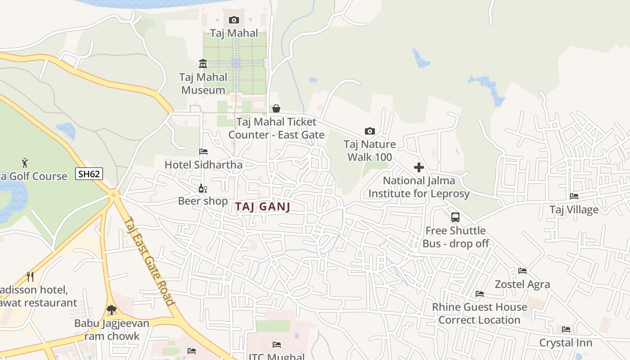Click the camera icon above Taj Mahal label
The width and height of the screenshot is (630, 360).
(x=234, y=20)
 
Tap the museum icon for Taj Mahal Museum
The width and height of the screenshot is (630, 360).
(x=203, y=63)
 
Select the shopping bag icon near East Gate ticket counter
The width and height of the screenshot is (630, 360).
(x=276, y=108)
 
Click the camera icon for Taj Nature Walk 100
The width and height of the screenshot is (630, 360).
(x=369, y=131)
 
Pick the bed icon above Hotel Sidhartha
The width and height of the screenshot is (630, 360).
(x=203, y=152)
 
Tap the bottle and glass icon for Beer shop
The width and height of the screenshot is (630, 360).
(x=203, y=188)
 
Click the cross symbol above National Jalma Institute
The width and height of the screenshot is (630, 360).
(x=419, y=167)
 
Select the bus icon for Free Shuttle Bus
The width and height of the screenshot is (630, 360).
(x=455, y=217)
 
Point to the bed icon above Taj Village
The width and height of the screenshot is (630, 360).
(x=574, y=196)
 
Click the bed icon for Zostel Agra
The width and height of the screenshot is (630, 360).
(x=522, y=271)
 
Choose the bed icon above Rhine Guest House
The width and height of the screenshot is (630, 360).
(x=480, y=294)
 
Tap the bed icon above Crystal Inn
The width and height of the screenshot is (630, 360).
(x=566, y=329)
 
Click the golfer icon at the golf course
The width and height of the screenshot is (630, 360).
(x=25, y=162)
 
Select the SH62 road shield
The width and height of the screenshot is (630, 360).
(x=89, y=174)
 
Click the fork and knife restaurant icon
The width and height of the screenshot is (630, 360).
(x=30, y=276)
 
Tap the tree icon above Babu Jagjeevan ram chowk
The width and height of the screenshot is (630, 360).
(x=112, y=310)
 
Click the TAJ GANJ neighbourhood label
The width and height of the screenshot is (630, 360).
(x=263, y=207)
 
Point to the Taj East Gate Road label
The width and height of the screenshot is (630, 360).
(x=149, y=261)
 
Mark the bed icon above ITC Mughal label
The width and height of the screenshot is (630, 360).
(x=277, y=345)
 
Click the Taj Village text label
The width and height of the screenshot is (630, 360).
(x=574, y=210)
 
